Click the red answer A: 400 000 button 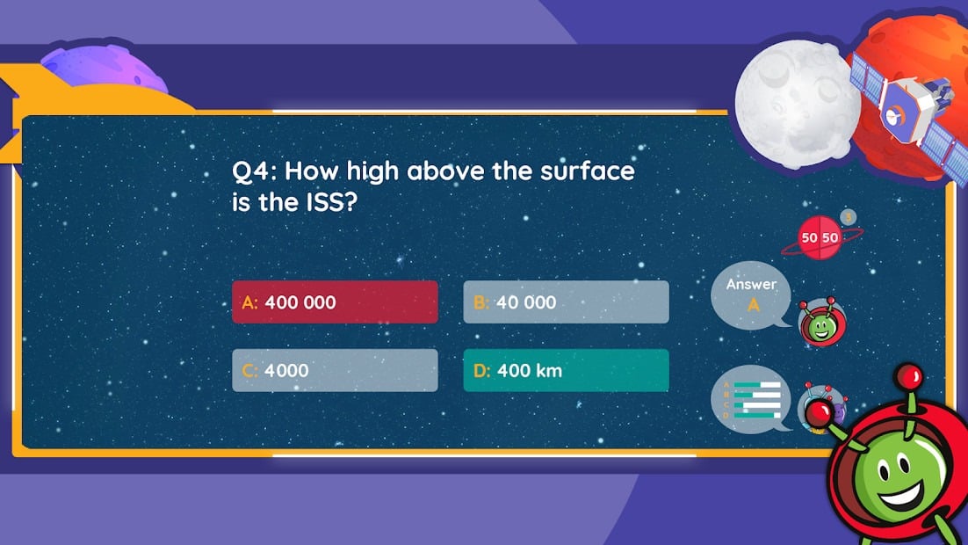pyautogui.click(x=336, y=302)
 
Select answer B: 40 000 pyautogui.click(x=566, y=302)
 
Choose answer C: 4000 pyautogui.click(x=336, y=370)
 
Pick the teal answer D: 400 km pyautogui.click(x=566, y=370)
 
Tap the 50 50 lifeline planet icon pyautogui.click(x=820, y=237)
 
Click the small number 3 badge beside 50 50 pyautogui.click(x=849, y=217)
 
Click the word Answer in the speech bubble pyautogui.click(x=751, y=284)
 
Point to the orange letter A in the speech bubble pyautogui.click(x=753, y=305)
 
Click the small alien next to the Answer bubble pyautogui.click(x=821, y=322)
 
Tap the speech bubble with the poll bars pyautogui.click(x=751, y=399)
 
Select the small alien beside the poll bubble pyautogui.click(x=822, y=408)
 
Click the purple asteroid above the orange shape pyautogui.click(x=104, y=66)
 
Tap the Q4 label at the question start pyautogui.click(x=251, y=171)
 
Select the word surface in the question pyautogui.click(x=587, y=171)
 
